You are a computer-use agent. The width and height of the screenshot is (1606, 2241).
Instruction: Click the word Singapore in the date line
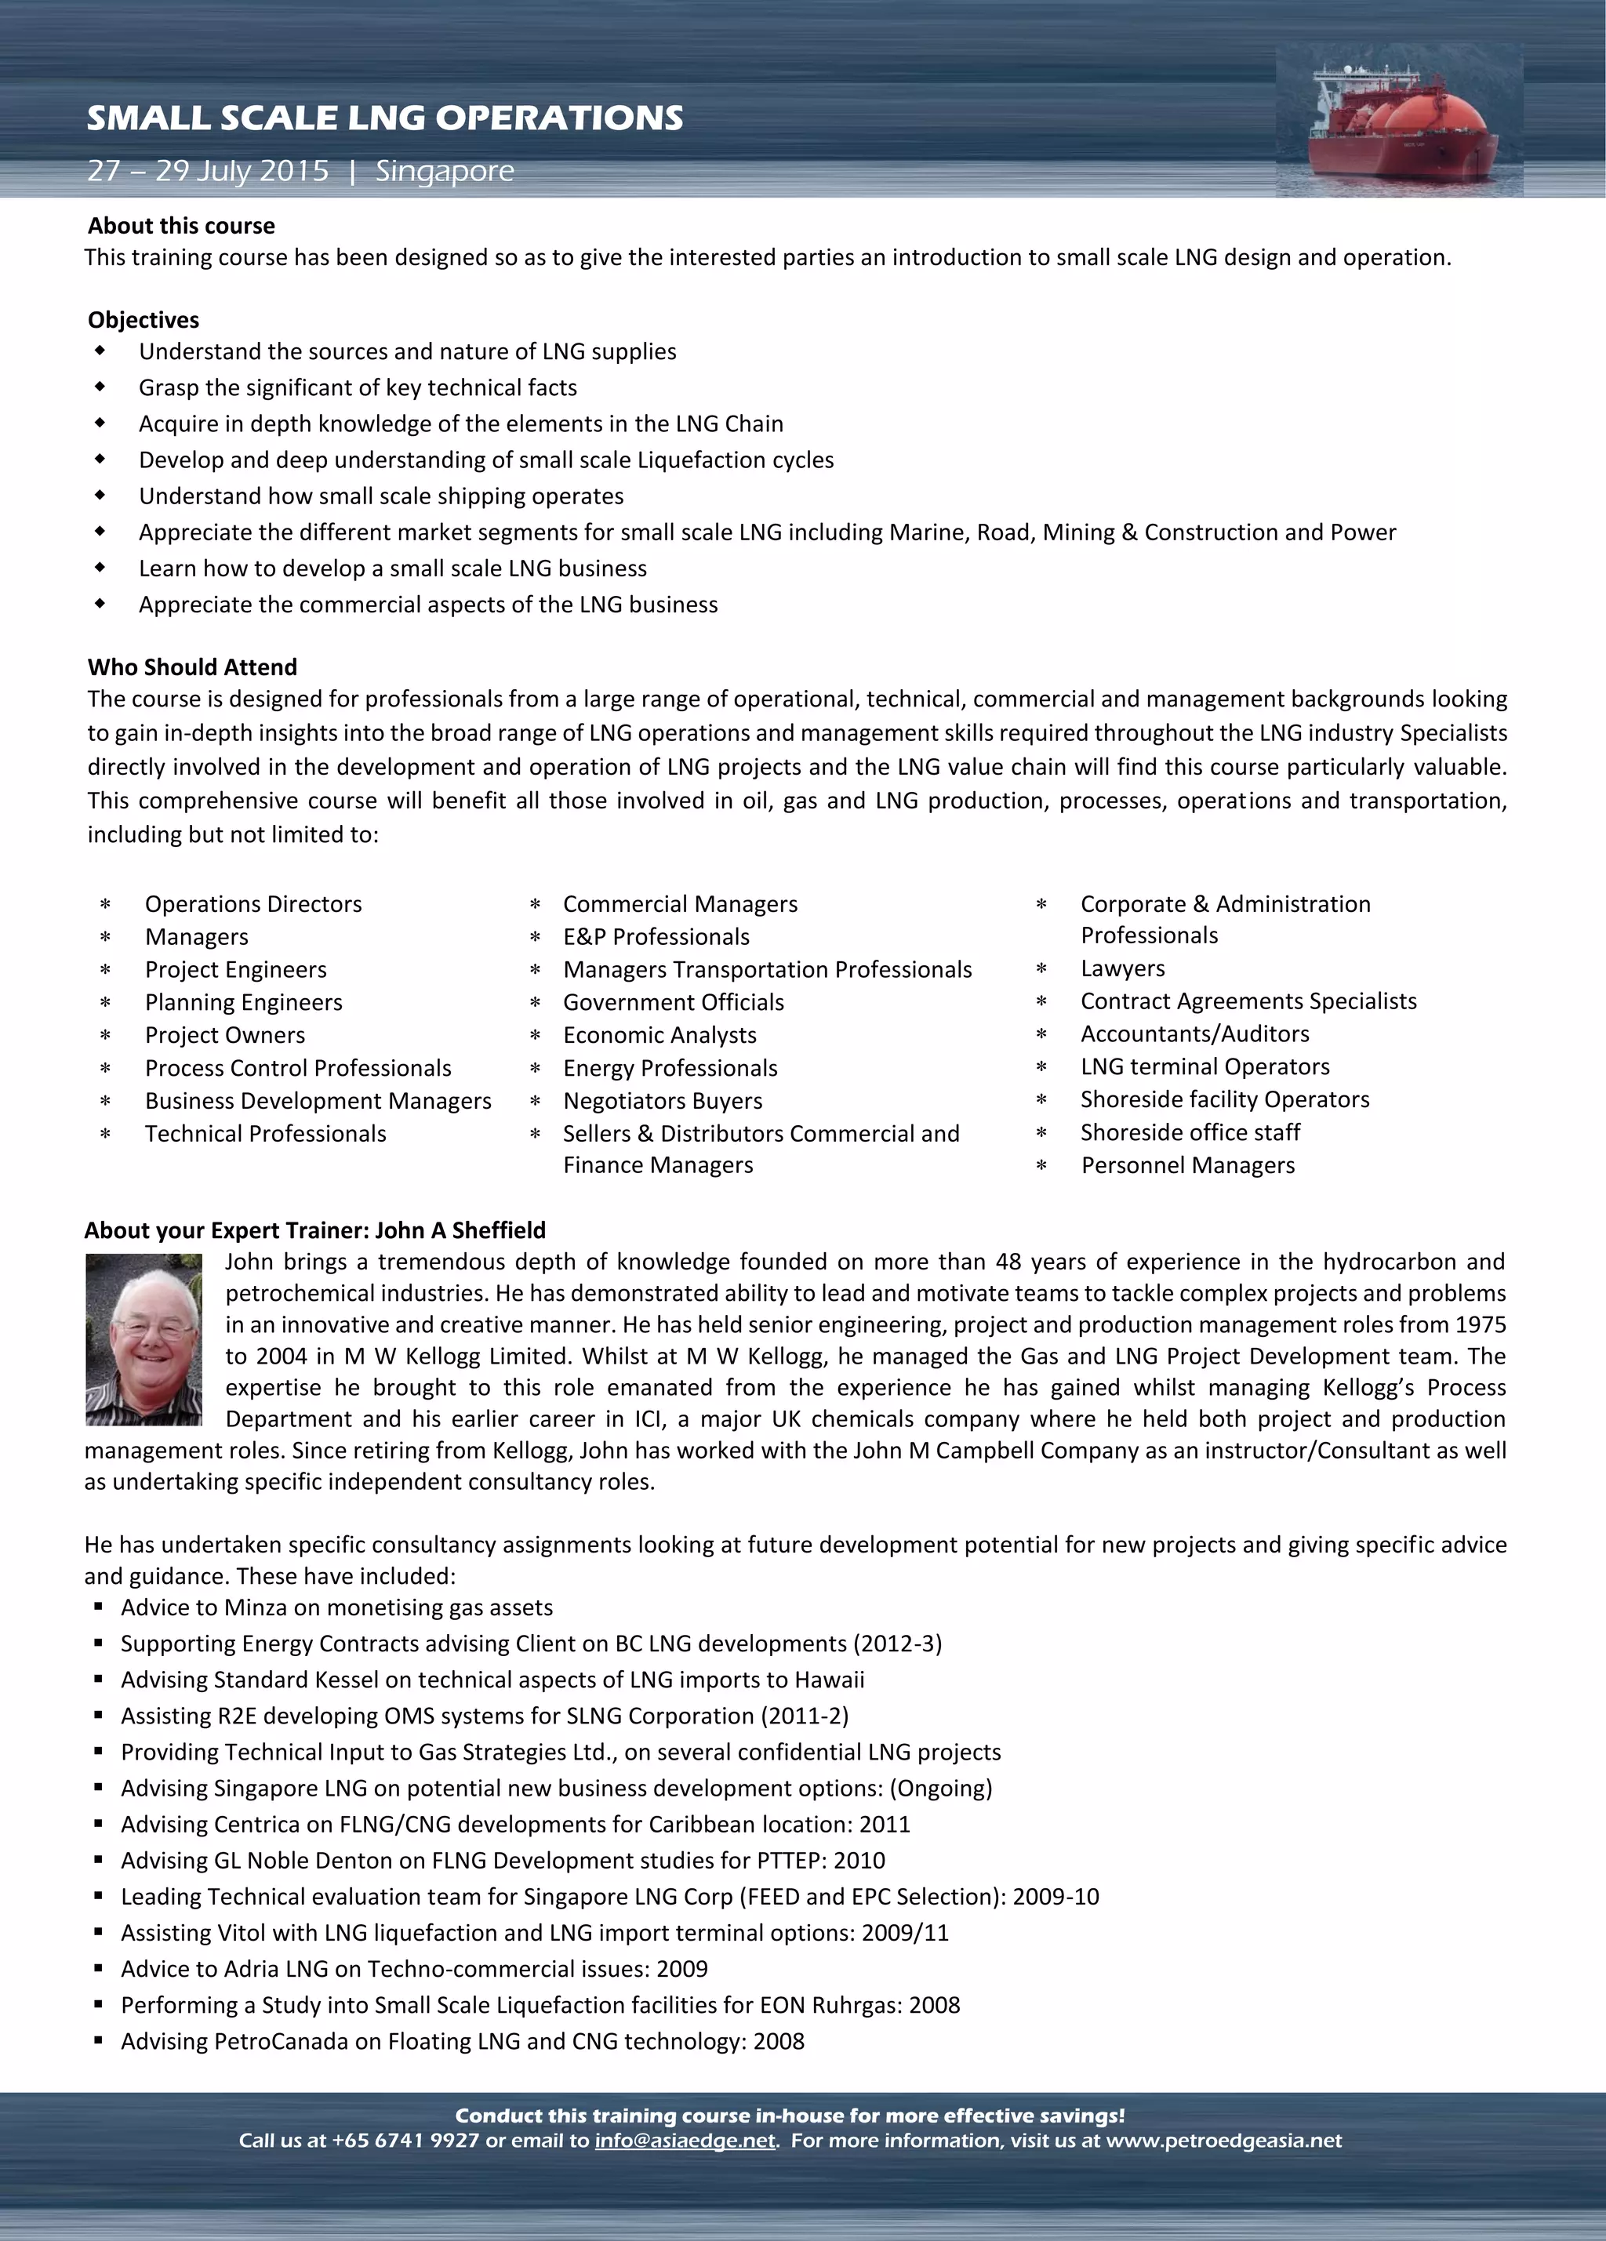point(445,171)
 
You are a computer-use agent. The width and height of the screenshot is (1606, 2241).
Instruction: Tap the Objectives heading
point(144,319)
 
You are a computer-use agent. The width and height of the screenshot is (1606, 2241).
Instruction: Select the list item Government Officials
point(673,1002)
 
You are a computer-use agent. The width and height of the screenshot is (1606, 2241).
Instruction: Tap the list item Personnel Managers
point(1187,1165)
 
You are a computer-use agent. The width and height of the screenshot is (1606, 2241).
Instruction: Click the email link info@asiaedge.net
point(685,2140)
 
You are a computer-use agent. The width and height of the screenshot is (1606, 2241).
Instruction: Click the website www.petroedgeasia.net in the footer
point(1223,2140)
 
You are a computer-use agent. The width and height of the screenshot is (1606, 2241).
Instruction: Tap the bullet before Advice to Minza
point(99,1607)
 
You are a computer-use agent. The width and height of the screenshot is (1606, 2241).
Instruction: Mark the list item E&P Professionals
point(656,937)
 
